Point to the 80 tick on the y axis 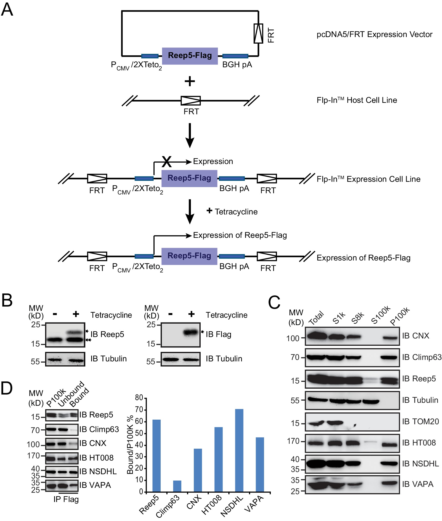pos(139,397)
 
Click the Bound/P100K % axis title pos(130,445)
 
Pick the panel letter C pos(274,302)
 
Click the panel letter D pos(7,388)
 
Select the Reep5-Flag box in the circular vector pos(190,56)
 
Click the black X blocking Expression pos(167,162)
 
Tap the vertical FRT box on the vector pos(258,34)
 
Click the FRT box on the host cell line pos(191,100)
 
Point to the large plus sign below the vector pos(190,81)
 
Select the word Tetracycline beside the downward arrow pos(236,212)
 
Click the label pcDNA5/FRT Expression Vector pos(374,34)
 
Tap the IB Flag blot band pos(191,332)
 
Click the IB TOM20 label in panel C pos(420,422)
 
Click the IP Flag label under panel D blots pos(66,499)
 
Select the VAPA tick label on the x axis pos(254,503)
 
